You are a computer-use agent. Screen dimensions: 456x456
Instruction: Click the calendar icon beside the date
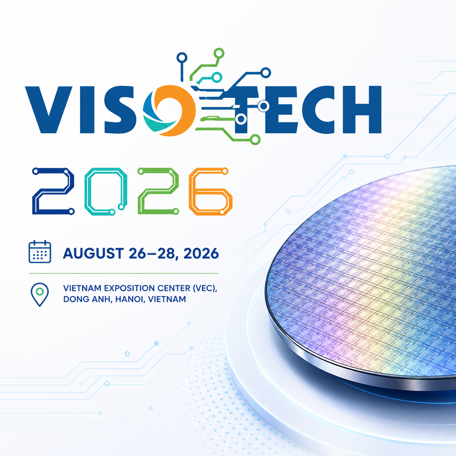(40, 252)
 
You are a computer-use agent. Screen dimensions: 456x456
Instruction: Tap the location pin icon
(40, 295)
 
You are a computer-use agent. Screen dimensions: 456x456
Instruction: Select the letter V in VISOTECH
(48, 109)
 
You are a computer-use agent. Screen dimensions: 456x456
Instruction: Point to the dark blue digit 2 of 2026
(53, 191)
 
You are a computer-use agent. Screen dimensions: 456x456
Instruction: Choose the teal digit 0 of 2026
(106, 191)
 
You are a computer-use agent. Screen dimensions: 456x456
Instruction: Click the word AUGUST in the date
(93, 253)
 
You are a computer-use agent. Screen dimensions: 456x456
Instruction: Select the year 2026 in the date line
(201, 253)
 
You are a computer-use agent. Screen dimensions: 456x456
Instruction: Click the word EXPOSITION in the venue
(130, 288)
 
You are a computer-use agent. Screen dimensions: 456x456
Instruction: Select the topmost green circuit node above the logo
(219, 53)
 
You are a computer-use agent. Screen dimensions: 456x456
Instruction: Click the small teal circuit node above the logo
(217, 77)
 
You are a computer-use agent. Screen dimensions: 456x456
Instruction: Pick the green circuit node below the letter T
(255, 139)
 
